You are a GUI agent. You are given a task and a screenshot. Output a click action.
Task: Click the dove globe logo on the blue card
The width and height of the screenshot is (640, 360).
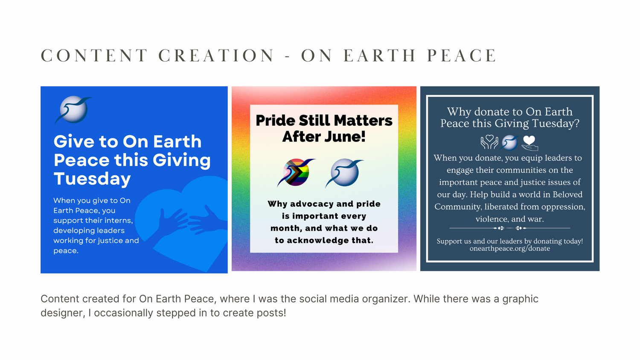[x=73, y=110]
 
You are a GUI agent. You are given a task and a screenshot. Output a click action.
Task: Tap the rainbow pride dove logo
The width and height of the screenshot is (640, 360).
[x=296, y=173]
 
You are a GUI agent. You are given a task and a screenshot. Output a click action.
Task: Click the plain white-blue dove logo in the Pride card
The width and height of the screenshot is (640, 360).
[x=344, y=173]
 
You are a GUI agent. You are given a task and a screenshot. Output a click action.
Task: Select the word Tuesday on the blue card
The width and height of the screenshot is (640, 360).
[x=92, y=179]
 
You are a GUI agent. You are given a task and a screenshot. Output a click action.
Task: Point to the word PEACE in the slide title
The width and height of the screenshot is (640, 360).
[x=462, y=55]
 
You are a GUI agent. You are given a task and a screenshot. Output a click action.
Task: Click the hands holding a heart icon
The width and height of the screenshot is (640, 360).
[x=489, y=142]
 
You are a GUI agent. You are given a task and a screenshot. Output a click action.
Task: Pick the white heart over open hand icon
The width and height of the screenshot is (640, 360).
[x=529, y=143]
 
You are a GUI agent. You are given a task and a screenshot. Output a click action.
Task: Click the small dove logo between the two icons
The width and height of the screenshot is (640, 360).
[x=509, y=142]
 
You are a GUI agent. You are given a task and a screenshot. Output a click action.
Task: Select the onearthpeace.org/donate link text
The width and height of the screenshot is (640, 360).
[x=510, y=248]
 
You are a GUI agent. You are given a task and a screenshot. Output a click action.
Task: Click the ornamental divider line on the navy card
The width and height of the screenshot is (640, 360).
[x=510, y=228]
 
